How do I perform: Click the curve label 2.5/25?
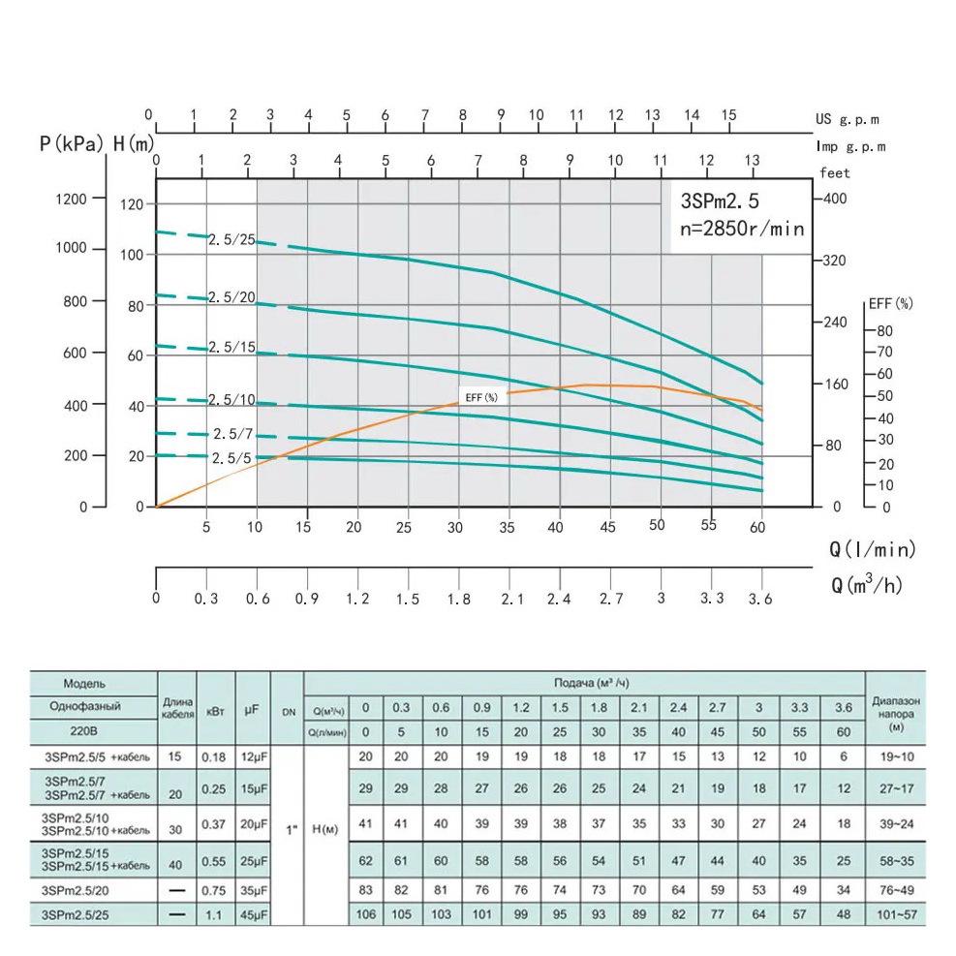coord(231,239)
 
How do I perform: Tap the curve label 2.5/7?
coord(232,434)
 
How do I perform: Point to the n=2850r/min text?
coord(742,229)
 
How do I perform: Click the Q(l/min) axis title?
coord(872,550)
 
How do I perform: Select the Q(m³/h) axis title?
coord(872,586)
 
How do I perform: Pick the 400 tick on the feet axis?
coord(834,199)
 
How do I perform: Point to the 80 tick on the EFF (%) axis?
coord(884,330)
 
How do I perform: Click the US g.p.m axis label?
coord(847,120)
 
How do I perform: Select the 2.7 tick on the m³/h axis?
coord(611,600)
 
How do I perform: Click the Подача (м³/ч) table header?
coord(583,683)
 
